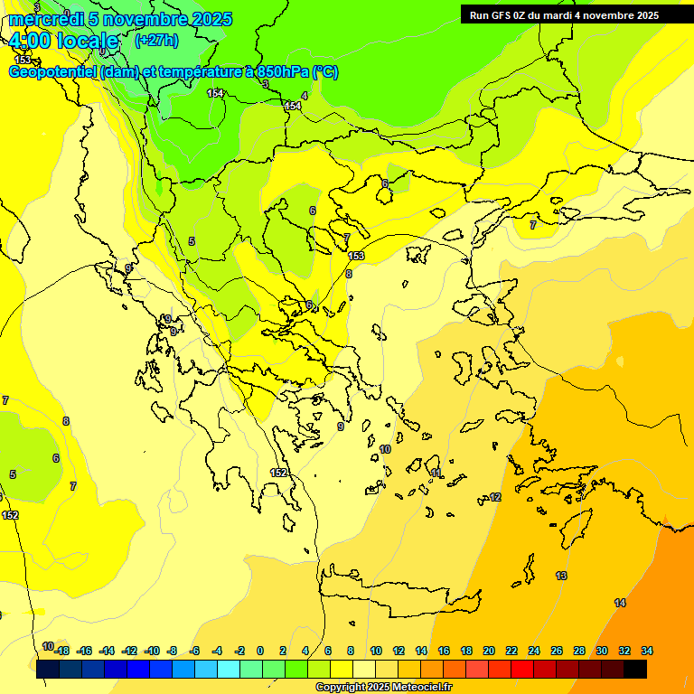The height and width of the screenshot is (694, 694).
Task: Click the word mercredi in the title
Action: (46, 19)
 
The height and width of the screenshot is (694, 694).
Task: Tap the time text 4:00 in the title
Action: (34, 41)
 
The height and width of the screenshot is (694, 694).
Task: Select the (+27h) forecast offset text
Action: (156, 40)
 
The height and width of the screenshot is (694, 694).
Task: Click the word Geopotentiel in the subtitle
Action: (53, 71)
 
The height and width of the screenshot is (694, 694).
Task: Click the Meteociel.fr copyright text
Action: (382, 687)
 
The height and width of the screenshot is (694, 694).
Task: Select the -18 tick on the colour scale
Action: (61, 651)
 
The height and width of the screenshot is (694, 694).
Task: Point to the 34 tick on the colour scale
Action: (647, 651)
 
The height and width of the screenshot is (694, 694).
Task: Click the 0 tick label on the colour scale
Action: (260, 651)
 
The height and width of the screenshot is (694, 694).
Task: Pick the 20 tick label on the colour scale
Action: (489, 651)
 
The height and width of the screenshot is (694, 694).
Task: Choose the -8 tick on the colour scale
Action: (172, 651)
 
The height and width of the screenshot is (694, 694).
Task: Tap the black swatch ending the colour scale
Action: (635, 670)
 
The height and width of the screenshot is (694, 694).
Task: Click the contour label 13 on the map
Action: (561, 576)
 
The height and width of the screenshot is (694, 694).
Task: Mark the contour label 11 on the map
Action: (436, 473)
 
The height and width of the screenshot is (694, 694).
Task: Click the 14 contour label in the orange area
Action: (620, 603)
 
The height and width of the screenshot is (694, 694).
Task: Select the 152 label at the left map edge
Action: (10, 515)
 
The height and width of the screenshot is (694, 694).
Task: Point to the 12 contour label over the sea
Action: (495, 498)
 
